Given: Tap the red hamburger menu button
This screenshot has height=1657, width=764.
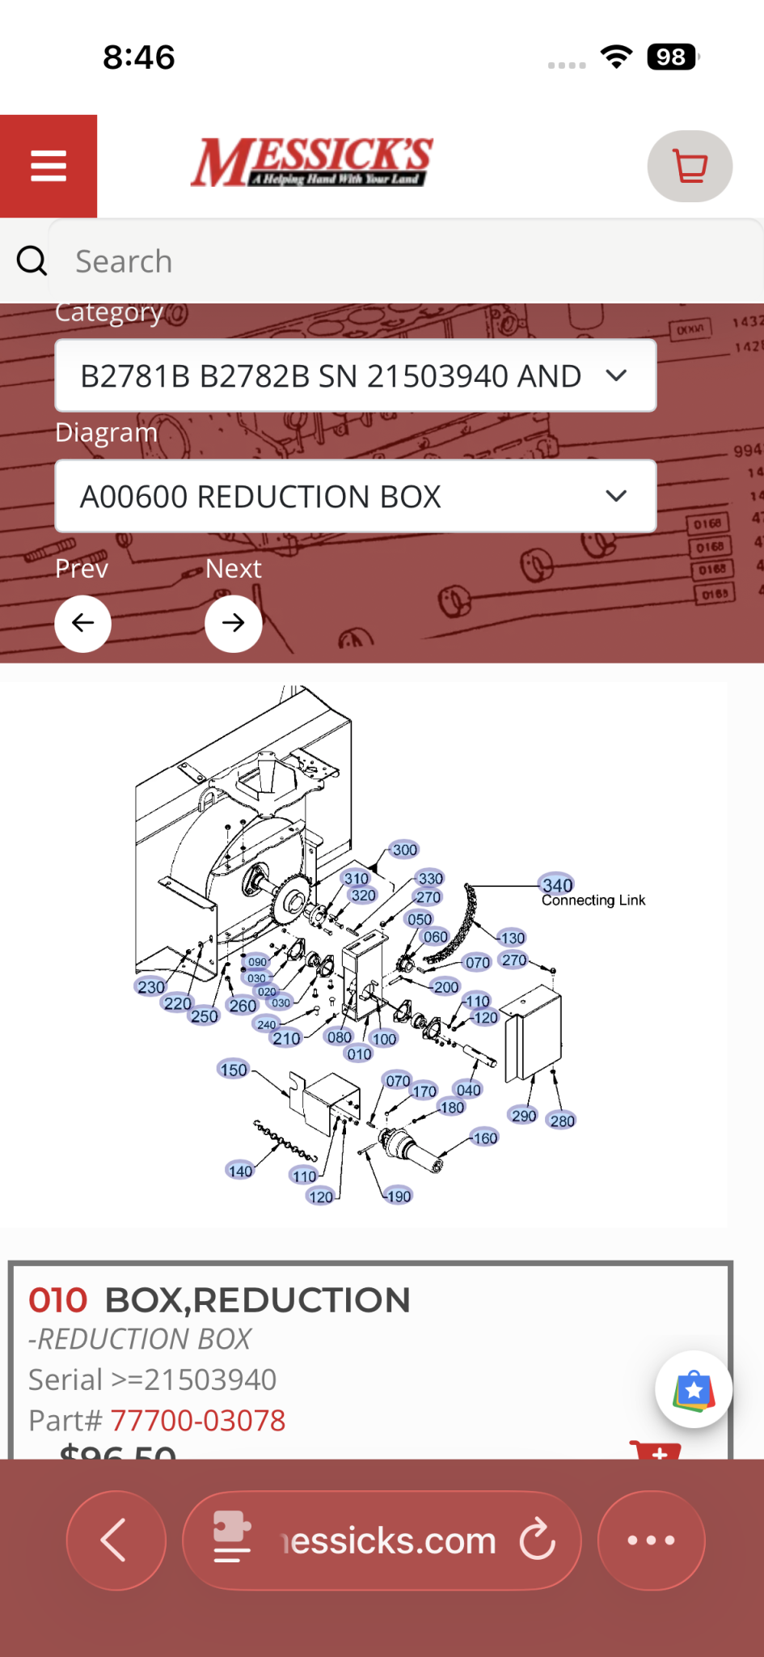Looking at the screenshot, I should point(49,166).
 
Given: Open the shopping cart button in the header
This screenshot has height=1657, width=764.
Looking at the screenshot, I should point(690,166).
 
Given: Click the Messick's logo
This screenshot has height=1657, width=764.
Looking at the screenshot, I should point(311,162).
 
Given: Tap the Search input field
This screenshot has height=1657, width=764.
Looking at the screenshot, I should point(404,261).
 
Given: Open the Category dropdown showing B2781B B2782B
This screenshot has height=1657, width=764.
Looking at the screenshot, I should point(355,375).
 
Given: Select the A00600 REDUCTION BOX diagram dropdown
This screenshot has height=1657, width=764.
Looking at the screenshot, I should point(355,496).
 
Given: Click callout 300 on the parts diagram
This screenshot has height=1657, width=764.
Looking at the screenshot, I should point(404,850).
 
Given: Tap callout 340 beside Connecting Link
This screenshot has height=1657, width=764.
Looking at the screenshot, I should point(557,885).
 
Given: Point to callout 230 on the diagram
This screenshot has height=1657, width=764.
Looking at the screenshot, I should point(151,987).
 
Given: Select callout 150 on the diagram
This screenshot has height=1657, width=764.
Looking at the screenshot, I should point(234,1070).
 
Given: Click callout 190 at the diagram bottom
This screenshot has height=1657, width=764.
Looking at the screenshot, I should point(399,1196).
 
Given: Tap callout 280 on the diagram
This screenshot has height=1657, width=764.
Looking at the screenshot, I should point(562,1121).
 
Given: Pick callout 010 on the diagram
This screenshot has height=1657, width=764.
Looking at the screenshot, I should point(359,1054).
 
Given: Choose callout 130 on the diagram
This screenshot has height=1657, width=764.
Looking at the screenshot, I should point(513,938).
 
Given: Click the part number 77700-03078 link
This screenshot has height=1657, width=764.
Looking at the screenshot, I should point(198,1420).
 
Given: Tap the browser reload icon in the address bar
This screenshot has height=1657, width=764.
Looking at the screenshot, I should point(538,1540).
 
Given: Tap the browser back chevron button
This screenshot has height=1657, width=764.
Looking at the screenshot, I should point(116,1540).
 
